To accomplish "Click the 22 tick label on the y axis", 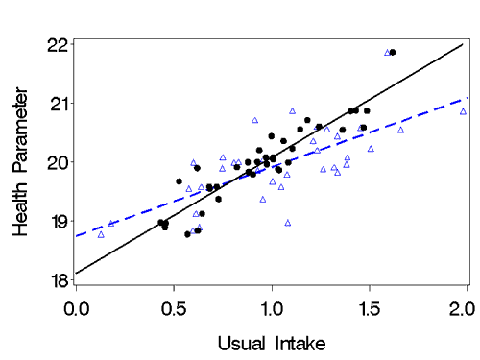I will point(56,44).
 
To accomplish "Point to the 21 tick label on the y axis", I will point(56,103).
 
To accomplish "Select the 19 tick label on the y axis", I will point(56,221).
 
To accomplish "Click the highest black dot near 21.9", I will point(393,52).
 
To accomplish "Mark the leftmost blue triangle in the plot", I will point(101,233).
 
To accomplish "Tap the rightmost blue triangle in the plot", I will point(463,111).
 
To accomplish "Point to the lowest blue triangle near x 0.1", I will point(101,233).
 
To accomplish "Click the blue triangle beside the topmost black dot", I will point(387,53).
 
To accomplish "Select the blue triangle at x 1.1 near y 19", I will point(288,222).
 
